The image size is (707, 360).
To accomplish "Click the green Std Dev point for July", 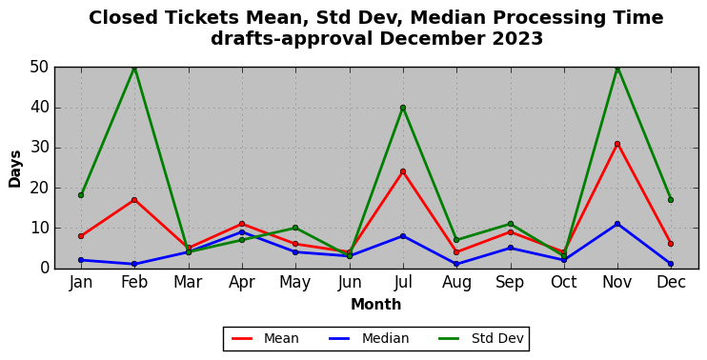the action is tap(403, 108).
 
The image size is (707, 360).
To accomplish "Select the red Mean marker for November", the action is tap(617, 144).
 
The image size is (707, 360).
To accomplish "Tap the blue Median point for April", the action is tap(242, 232).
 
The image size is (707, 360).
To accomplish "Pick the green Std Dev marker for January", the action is tap(81, 195).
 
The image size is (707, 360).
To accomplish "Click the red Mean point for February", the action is tap(134, 200).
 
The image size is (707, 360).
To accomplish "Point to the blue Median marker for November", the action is tap(617, 224).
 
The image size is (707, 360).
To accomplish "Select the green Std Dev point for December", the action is tap(671, 200).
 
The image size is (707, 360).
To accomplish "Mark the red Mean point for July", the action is tap(403, 171).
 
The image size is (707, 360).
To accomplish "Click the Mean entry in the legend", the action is tap(265, 338).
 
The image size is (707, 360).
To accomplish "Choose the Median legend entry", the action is tap(369, 338).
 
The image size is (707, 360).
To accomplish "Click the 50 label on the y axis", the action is tap(38, 68).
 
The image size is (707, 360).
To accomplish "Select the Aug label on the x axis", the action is tap(456, 283).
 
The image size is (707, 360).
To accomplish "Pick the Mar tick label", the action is tap(188, 283).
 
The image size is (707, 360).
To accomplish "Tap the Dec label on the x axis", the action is tap(671, 283).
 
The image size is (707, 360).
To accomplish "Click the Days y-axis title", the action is tap(15, 169).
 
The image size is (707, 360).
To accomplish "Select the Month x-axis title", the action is tap(375, 305).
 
